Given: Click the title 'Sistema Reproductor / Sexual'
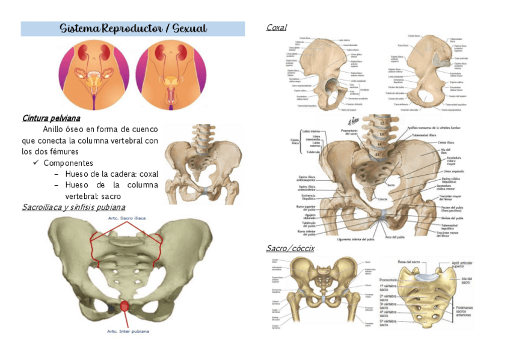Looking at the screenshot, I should (133, 29).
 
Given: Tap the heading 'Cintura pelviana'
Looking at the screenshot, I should (51, 117).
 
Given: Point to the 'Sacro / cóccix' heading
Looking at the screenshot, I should (290, 248).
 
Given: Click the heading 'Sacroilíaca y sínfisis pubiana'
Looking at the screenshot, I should (73, 207).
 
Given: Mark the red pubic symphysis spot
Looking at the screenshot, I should (124, 306).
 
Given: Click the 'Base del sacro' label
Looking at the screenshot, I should (410, 261).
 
